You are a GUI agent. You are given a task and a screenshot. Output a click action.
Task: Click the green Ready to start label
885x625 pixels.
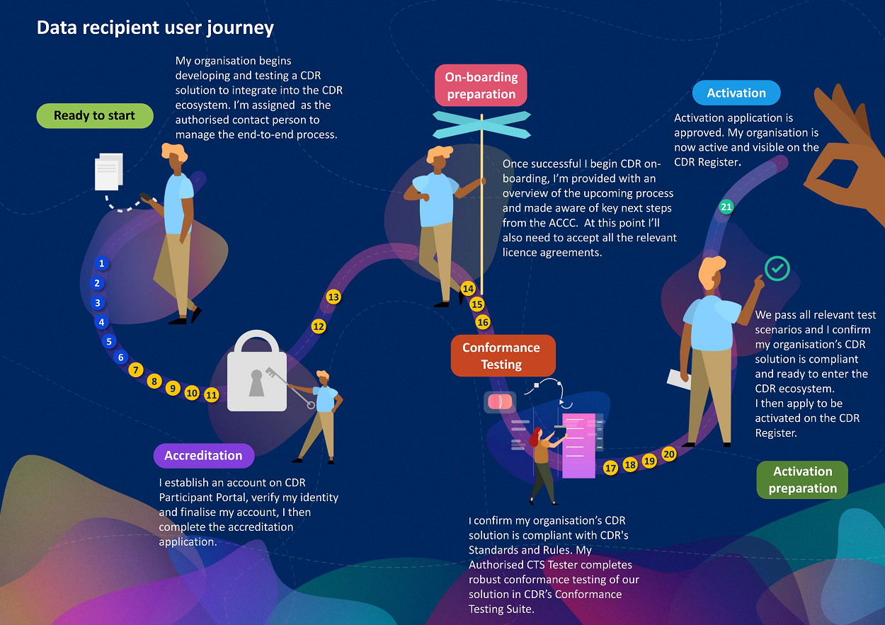point(95,116)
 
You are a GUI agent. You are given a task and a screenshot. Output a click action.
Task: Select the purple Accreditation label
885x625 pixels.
point(203,456)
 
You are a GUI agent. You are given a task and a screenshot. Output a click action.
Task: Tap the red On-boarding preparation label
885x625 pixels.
point(481,86)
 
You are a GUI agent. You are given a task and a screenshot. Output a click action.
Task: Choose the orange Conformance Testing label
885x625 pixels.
point(501,356)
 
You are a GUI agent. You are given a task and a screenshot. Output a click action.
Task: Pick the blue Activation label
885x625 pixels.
point(736,93)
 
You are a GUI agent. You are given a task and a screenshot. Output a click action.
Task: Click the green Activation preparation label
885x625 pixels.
point(802,480)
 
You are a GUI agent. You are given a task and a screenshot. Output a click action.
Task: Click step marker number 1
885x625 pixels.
point(102,264)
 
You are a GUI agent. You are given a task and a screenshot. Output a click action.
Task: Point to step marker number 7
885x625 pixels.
point(137,369)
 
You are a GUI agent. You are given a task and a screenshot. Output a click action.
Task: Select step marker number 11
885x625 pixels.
point(211,395)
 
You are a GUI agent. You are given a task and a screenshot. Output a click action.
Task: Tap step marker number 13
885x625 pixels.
point(333,297)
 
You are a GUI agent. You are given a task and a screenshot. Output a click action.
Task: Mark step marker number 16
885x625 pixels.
point(483,322)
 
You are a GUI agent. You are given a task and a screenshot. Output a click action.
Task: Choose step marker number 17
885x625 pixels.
point(611,468)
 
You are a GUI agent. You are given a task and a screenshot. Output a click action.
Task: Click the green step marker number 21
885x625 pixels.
point(726,207)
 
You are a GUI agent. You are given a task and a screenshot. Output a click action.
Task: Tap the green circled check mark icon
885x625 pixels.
point(777,268)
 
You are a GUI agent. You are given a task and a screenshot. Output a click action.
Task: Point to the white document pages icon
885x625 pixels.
point(109,172)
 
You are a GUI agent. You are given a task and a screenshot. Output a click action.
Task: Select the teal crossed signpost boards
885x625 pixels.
point(481,124)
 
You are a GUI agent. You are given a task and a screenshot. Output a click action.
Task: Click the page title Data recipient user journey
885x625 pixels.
point(155,28)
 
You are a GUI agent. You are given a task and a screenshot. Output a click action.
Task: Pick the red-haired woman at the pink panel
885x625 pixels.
point(542,460)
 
